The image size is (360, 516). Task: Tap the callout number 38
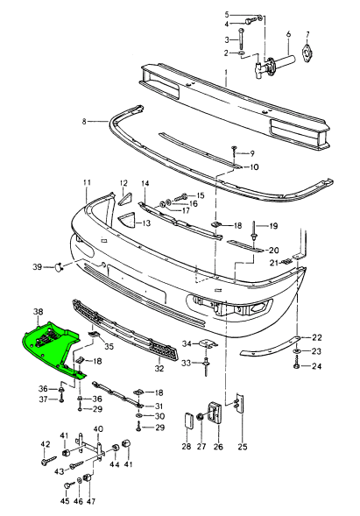coord(39,311)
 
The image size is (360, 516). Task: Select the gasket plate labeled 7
coord(307,53)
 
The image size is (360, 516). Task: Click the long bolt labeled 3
coord(242,39)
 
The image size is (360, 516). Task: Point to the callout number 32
coord(159,368)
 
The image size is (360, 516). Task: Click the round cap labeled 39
coord(59,267)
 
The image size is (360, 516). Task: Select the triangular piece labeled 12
coord(124,200)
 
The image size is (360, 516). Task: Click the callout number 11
coord(87,182)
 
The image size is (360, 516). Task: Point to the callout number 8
coord(84,122)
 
